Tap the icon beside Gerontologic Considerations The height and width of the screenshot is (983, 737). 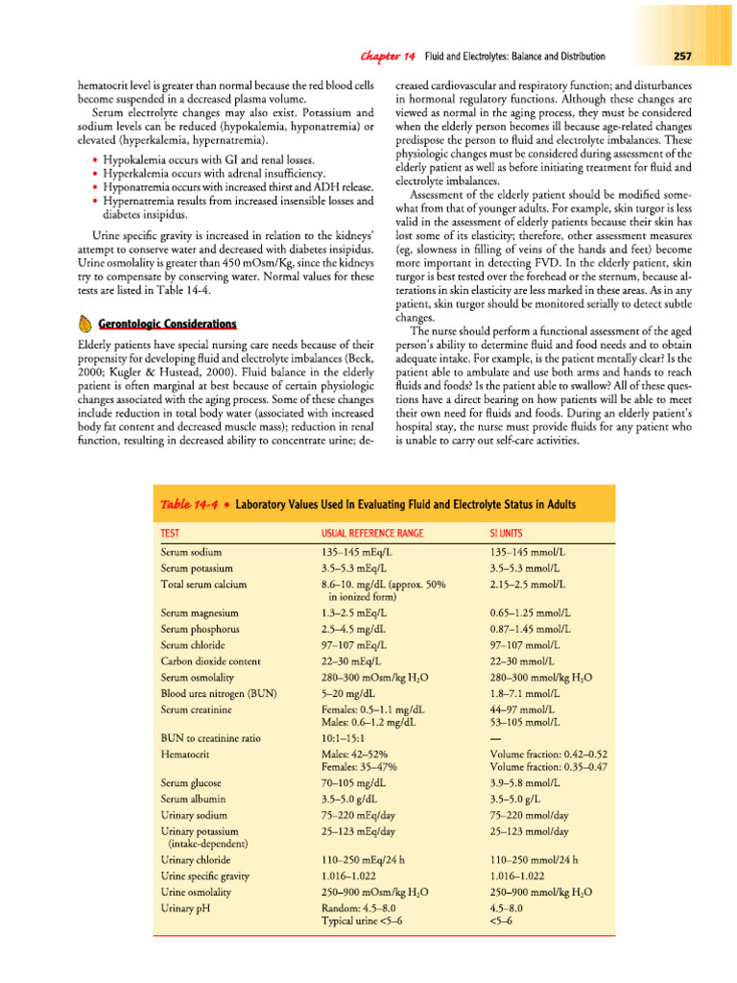(83, 323)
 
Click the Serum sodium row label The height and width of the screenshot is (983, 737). (192, 553)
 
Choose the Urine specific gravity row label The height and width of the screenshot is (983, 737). (212, 875)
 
